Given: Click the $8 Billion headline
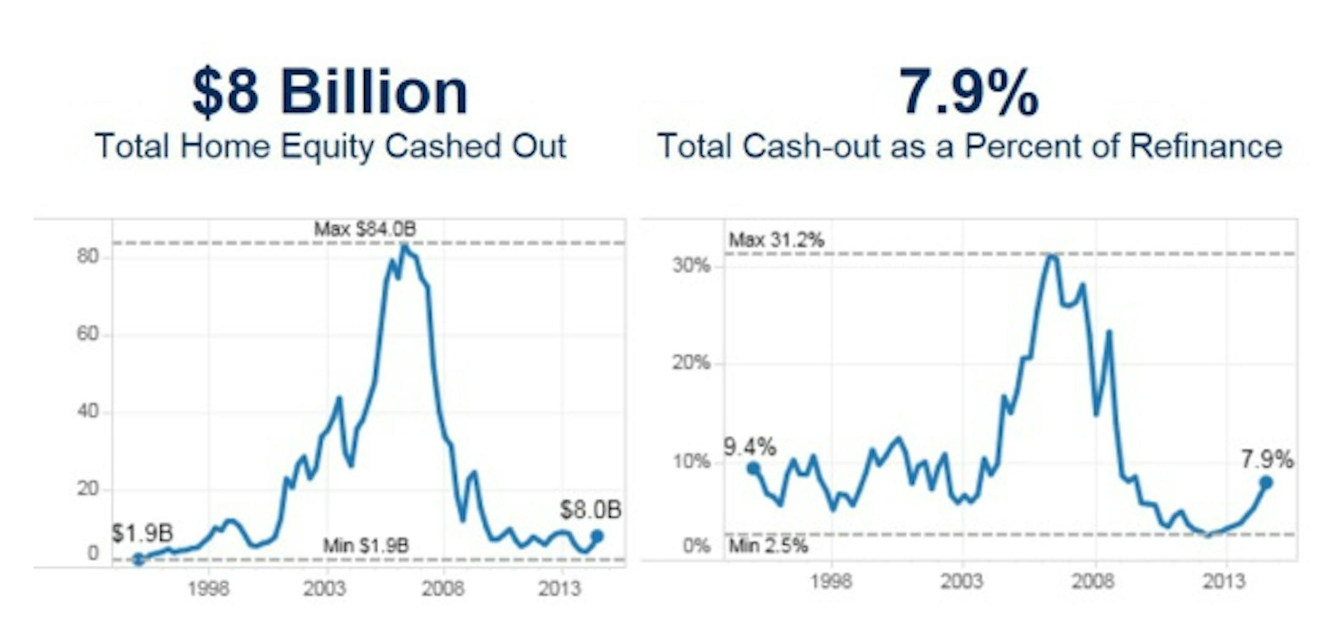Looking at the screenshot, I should pyautogui.click(x=330, y=92).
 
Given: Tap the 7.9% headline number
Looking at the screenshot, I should pyautogui.click(x=969, y=92).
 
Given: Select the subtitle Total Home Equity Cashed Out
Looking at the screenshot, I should pyautogui.click(x=330, y=147).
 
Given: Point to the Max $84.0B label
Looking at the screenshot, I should pyautogui.click(x=365, y=230).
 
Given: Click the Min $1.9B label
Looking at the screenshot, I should pyautogui.click(x=365, y=545).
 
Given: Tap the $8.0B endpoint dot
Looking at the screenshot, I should pyautogui.click(x=597, y=536).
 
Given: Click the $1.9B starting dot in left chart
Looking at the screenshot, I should pyautogui.click(x=139, y=558).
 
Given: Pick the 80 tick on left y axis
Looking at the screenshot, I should pyautogui.click(x=88, y=257).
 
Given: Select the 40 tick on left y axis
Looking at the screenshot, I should pyautogui.click(x=88, y=411).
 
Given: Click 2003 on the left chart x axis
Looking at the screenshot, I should pyautogui.click(x=324, y=589).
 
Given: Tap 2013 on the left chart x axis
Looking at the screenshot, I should pyautogui.click(x=559, y=589).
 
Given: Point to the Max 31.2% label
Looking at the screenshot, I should pyautogui.click(x=777, y=240).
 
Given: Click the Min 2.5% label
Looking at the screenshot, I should pyautogui.click(x=768, y=546).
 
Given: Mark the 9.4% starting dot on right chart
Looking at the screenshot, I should pyautogui.click(x=753, y=468).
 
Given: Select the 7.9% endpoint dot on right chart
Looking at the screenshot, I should pyautogui.click(x=1266, y=482).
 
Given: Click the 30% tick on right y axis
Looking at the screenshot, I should pyautogui.click(x=691, y=266).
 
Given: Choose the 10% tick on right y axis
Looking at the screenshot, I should pyautogui.click(x=691, y=462).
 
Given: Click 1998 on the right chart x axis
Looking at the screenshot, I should pyautogui.click(x=831, y=581).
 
